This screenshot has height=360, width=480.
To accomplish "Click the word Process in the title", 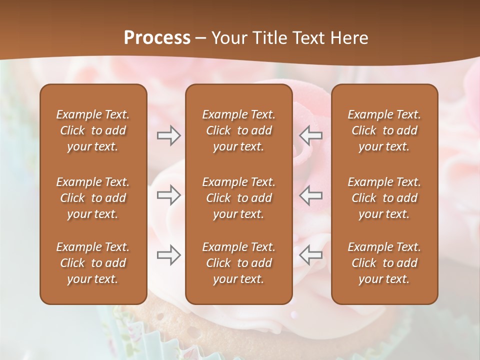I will point(157,38).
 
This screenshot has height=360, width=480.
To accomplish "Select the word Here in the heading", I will point(349,38).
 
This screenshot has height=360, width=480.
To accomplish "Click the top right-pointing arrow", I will point(169,135).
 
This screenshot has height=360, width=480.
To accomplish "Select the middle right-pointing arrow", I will point(169,195).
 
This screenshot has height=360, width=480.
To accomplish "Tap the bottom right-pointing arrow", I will point(169,255).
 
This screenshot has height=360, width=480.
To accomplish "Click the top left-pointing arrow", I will point(311,135).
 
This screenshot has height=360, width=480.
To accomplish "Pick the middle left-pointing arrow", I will point(311,195).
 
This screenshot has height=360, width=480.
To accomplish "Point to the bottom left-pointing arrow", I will point(311,255).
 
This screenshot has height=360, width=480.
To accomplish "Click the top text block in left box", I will point(93,130).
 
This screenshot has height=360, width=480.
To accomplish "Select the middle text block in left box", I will point(93,198).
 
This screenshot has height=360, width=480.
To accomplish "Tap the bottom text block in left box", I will point(93,263).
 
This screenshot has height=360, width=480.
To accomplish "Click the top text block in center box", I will point(239,130).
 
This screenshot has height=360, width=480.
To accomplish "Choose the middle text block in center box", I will point(239,198).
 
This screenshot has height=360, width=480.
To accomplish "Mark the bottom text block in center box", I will point(239,263).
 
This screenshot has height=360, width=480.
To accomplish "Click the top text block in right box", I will point(384,130).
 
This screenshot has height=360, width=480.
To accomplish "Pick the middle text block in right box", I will point(384,198).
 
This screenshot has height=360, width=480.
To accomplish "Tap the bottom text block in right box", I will point(384,263).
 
